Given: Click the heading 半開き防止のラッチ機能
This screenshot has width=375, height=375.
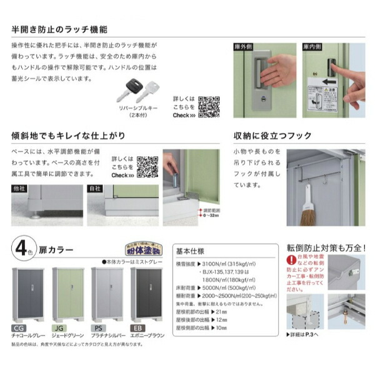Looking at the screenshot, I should click(x=59, y=29).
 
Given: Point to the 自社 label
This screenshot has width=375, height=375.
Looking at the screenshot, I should click(x=95, y=187).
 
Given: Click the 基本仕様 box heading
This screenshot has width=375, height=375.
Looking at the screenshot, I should click(x=192, y=247).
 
